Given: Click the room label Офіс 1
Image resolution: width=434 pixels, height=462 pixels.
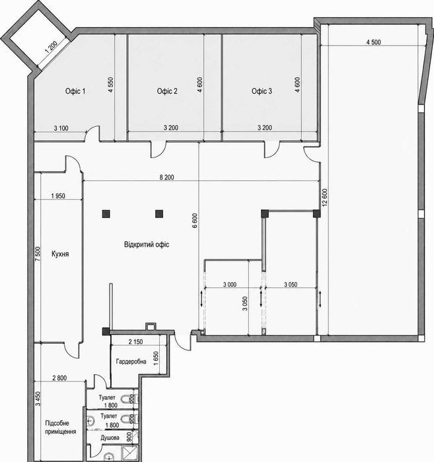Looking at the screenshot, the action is coord(75,91).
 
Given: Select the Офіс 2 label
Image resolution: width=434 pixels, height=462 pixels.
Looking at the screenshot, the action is coord(167,91).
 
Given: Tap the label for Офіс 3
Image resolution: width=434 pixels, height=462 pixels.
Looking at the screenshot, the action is coord(262,91).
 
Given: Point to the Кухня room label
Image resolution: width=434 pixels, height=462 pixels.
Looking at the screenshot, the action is coord(60,254).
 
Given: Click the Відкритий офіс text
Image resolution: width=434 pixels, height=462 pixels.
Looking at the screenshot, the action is coord(147,245).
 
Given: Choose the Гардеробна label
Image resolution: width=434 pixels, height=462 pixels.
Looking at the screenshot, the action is coord(131,362).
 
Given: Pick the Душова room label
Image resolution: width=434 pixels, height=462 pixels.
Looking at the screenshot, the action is coord(110,438).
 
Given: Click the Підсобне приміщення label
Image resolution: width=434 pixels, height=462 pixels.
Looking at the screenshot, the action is coord(60,427).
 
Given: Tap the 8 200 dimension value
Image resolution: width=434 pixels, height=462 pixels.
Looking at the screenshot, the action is coord(166,177).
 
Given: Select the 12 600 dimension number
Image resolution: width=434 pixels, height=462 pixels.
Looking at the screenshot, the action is coord(324,198).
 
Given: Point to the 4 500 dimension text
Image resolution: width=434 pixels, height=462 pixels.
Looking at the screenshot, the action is coord(373,42).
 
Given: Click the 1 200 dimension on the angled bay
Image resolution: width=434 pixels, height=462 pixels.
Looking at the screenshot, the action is coord(52,46).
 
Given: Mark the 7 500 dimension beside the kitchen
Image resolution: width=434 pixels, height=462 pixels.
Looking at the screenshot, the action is coord(38,254).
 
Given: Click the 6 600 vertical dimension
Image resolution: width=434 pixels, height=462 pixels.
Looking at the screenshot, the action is coord(195,221).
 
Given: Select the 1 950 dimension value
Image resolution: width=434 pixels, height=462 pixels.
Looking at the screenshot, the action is coord(58,196).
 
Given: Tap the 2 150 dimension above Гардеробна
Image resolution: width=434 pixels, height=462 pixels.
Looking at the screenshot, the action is coord(135,342).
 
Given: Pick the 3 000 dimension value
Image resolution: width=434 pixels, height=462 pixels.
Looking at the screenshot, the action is coord(230,285).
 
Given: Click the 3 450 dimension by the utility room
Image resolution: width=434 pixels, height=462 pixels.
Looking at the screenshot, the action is coord(38,399).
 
